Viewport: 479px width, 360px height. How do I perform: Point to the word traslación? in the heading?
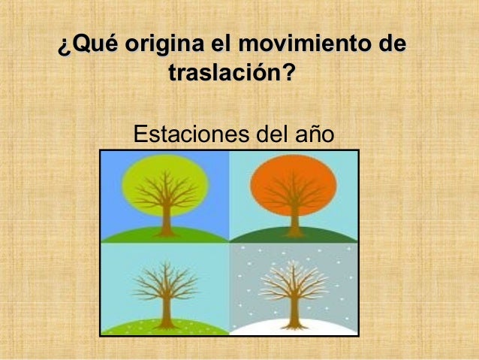click(233, 74)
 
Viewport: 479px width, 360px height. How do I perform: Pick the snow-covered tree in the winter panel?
click(294, 289)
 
